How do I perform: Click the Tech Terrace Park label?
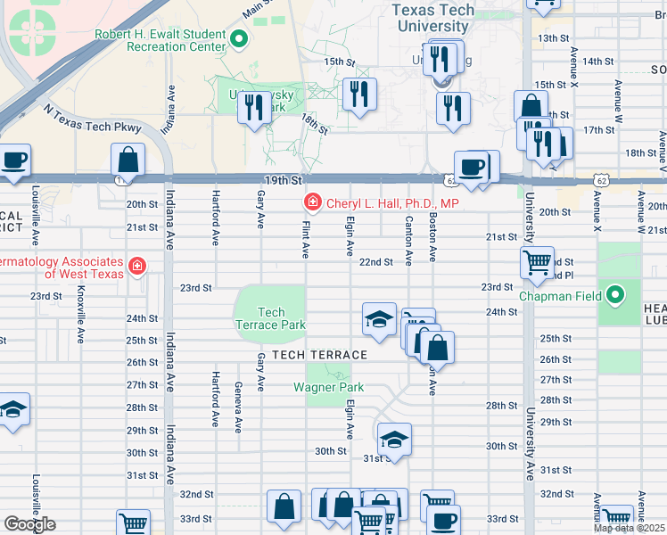tap(270, 318)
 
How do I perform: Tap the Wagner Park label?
tap(330, 387)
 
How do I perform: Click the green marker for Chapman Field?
tap(614, 294)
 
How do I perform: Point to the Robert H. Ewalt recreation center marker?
tap(239, 39)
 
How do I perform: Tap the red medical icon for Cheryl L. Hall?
tap(312, 203)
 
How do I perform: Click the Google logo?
tap(29, 524)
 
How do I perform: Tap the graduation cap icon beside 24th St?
tap(379, 319)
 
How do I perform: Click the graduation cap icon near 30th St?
tap(394, 439)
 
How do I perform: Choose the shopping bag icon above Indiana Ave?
tap(128, 160)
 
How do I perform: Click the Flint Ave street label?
tap(305, 240)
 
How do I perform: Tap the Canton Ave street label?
tap(408, 240)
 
